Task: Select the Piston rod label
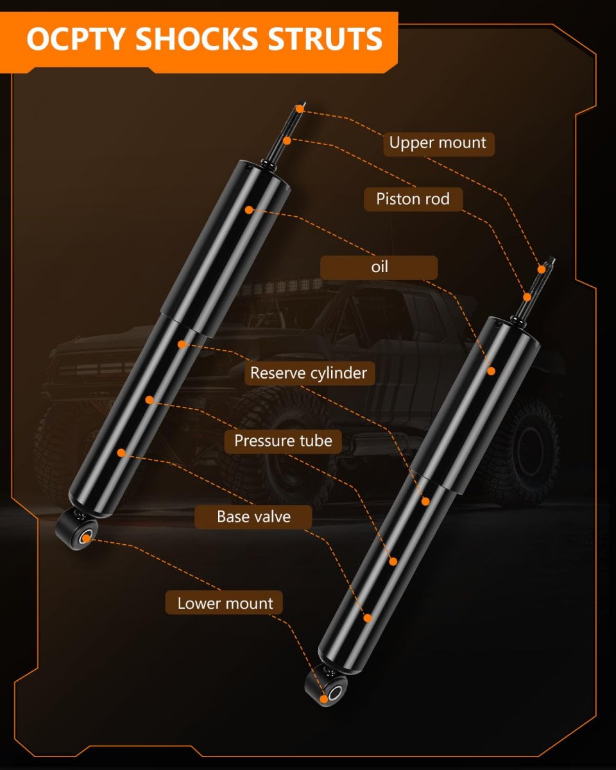(x=413, y=200)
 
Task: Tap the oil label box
(x=379, y=268)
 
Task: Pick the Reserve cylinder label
(x=310, y=373)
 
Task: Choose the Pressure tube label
(x=283, y=441)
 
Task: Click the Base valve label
(x=253, y=517)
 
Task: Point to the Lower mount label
(x=224, y=604)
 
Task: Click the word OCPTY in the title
(x=76, y=39)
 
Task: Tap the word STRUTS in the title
(x=325, y=39)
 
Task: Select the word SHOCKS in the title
(x=196, y=39)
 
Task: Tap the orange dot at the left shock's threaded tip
(x=300, y=108)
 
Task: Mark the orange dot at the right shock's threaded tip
(x=542, y=269)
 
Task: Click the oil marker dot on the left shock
(x=249, y=210)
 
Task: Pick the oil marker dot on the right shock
(x=492, y=372)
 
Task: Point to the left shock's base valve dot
(x=121, y=453)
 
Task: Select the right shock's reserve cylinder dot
(x=425, y=502)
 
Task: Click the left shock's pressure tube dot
(x=150, y=400)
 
